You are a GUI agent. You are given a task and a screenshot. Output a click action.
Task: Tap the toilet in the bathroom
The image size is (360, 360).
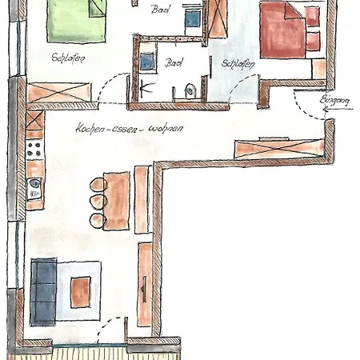click(190, 90)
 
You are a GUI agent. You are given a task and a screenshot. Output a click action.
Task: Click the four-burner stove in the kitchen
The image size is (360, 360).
click(34, 148)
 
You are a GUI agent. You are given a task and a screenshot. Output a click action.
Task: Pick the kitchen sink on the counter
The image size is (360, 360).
click(34, 190)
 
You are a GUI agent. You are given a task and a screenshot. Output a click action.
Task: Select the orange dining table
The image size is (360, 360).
click(117, 200)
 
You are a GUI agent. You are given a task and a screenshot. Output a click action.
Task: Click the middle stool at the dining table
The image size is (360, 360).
click(98, 202)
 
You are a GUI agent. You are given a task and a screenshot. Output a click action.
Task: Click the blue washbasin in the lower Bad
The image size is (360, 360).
click(147, 62)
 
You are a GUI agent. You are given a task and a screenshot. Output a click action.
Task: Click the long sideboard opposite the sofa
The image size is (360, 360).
click(144, 284)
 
